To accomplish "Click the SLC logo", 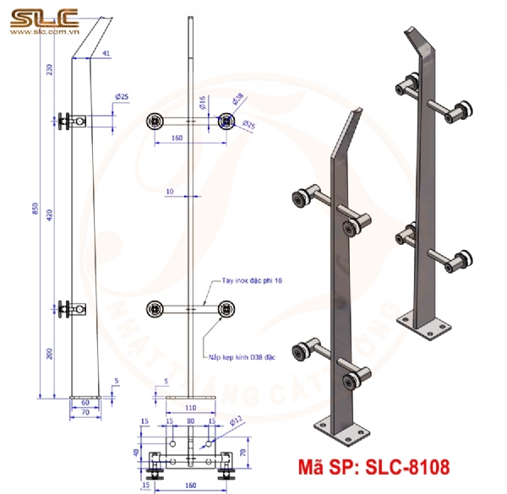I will [43, 16].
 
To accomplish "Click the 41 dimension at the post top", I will [106, 53].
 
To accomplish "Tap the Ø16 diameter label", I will [202, 103].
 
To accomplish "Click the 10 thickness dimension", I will [170, 193].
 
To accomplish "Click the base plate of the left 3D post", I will [342, 430].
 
